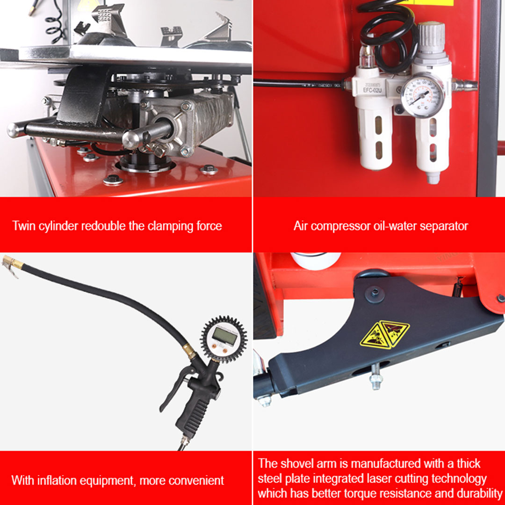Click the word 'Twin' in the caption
pyautogui.click(x=23, y=226)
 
